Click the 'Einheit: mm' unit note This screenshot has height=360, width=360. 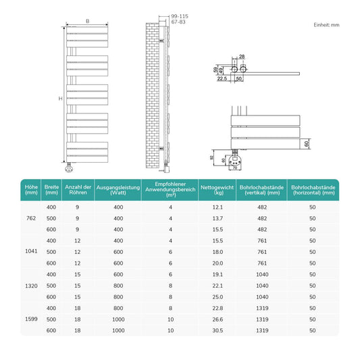coord(326,25)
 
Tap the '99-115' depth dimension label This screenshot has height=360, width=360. coord(180,16)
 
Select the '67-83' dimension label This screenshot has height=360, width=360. coord(178,22)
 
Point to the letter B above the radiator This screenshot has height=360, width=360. coord(88,21)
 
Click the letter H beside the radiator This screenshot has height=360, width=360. coord(60,99)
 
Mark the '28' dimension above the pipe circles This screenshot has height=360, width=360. coord(242,57)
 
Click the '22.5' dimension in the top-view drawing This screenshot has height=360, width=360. coord(222,78)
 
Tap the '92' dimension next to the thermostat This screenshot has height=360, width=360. coord(211,157)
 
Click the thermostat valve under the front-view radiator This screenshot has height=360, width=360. coord(69,168)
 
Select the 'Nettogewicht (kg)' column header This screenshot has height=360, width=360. coord(217,190)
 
